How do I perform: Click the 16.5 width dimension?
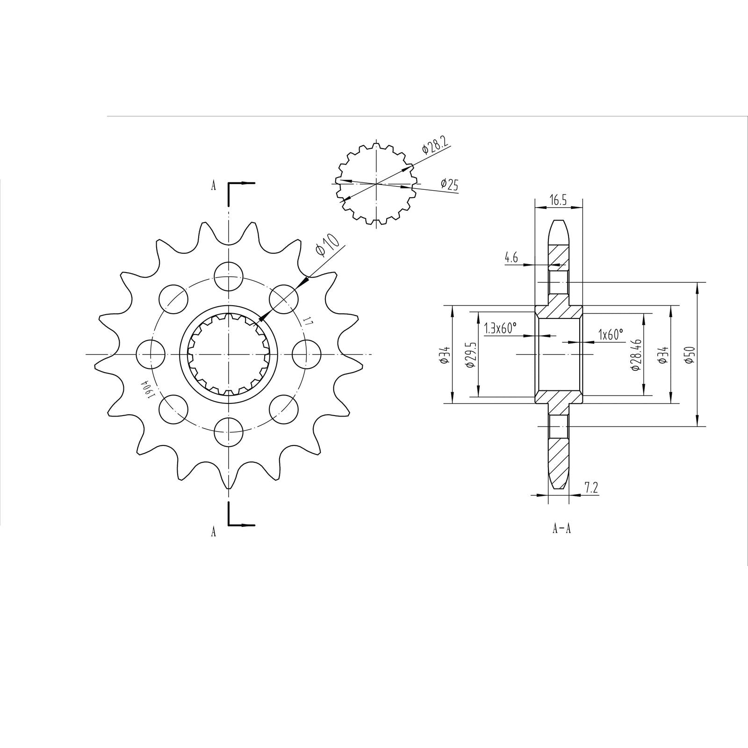coord(558,201)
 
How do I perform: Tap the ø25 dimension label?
coord(449,185)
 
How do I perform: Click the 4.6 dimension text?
coord(511,258)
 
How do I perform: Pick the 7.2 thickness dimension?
coord(591,488)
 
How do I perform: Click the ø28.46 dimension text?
coord(635,355)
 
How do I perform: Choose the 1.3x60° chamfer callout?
coord(501,328)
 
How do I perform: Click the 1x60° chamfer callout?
coord(611,334)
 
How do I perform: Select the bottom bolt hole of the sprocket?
coord(229,432)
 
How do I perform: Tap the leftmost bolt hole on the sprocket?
coord(151,354)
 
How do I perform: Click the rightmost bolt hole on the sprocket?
coord(306,354)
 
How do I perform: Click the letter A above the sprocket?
coord(213,186)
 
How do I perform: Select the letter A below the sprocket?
coord(213,532)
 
